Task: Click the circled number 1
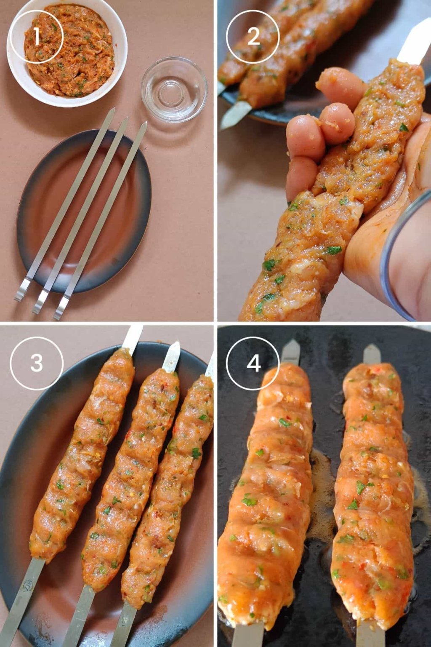coord(36,37)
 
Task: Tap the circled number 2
coord(253,37)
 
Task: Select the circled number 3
coord(37,363)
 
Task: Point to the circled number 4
coord(253,363)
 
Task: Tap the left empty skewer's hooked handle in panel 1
coord(21,291)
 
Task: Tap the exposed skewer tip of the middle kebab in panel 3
coord(172,356)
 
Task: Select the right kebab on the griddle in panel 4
coord(372,493)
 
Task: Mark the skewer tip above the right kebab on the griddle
coord(372,353)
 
